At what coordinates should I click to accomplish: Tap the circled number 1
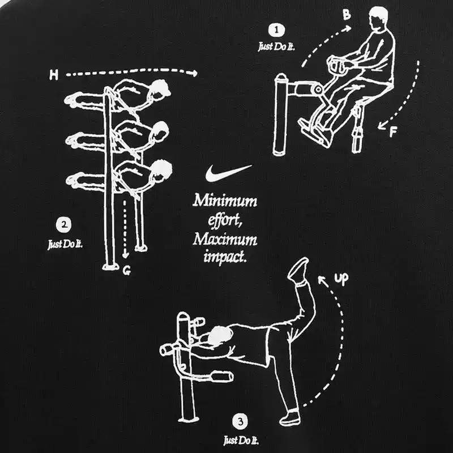pos(276,30)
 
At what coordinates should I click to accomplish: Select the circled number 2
pos(64,225)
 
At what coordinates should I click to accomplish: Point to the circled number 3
pos(240,422)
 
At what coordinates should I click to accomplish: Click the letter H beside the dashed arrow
pos(54,75)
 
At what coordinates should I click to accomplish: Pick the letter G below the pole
pos(126,271)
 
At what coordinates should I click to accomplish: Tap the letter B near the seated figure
pos(347,14)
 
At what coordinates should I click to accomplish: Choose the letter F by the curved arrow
pos(393,132)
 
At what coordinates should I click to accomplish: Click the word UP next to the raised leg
pos(341,279)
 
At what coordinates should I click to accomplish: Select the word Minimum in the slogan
pos(225,200)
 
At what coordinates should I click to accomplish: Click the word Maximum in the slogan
pos(225,240)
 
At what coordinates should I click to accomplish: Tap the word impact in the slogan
pos(225,257)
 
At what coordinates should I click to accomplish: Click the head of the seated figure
pos(378,19)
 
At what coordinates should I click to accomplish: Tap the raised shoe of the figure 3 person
pos(298,268)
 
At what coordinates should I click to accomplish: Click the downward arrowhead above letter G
pos(125,255)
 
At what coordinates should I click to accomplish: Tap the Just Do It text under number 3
pos(241,441)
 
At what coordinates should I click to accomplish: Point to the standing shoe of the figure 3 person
pos(289,418)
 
